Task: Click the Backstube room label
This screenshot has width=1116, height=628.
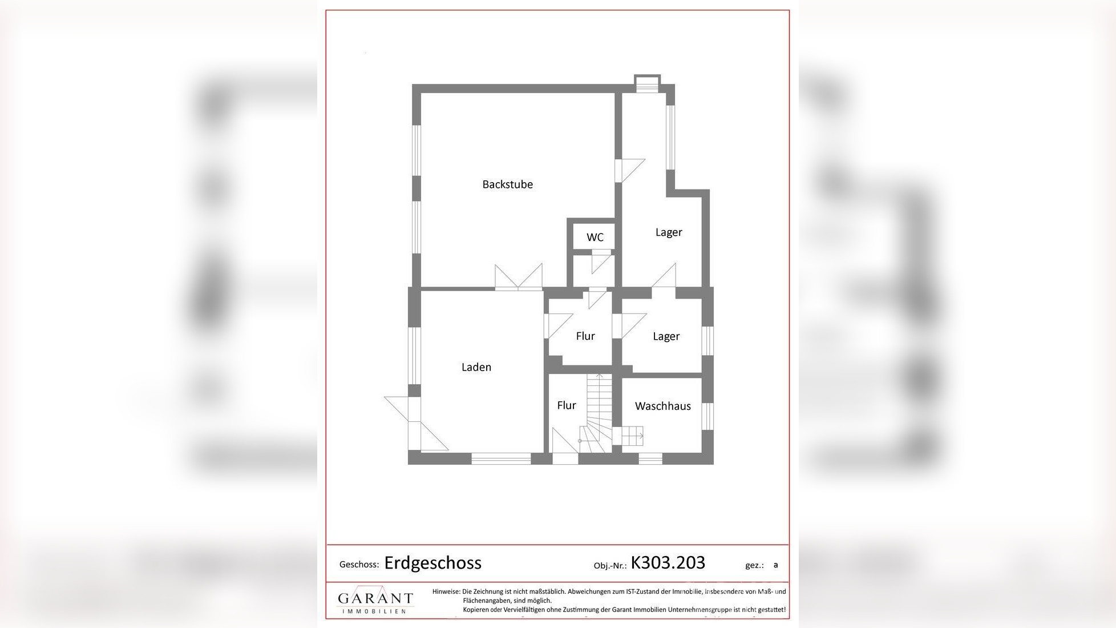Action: click(x=507, y=184)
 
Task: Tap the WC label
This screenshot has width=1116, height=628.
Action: click(x=595, y=237)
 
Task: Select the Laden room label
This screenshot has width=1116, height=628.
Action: click(x=476, y=367)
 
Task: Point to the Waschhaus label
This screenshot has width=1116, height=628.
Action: click(x=662, y=406)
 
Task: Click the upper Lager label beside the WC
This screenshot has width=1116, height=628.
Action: click(x=668, y=232)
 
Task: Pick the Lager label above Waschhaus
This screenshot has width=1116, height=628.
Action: click(x=666, y=336)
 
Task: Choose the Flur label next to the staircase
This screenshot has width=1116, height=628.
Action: click(x=566, y=405)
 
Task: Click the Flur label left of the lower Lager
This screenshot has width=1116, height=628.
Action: click(x=585, y=336)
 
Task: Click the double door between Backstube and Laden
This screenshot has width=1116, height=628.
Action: click(x=519, y=279)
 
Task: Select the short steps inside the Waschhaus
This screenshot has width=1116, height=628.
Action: click(x=632, y=436)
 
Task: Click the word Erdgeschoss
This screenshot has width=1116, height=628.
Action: click(x=432, y=563)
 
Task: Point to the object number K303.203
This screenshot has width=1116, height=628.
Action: click(x=668, y=562)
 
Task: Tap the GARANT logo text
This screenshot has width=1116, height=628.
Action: click(x=375, y=598)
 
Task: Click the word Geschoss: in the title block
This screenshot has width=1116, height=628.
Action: click(x=359, y=565)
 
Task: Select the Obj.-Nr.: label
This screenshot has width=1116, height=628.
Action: click(x=610, y=566)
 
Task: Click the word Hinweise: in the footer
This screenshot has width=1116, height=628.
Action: click(x=446, y=591)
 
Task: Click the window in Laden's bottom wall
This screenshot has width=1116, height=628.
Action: click(x=501, y=458)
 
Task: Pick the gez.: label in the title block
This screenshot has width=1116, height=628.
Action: click(x=754, y=565)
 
